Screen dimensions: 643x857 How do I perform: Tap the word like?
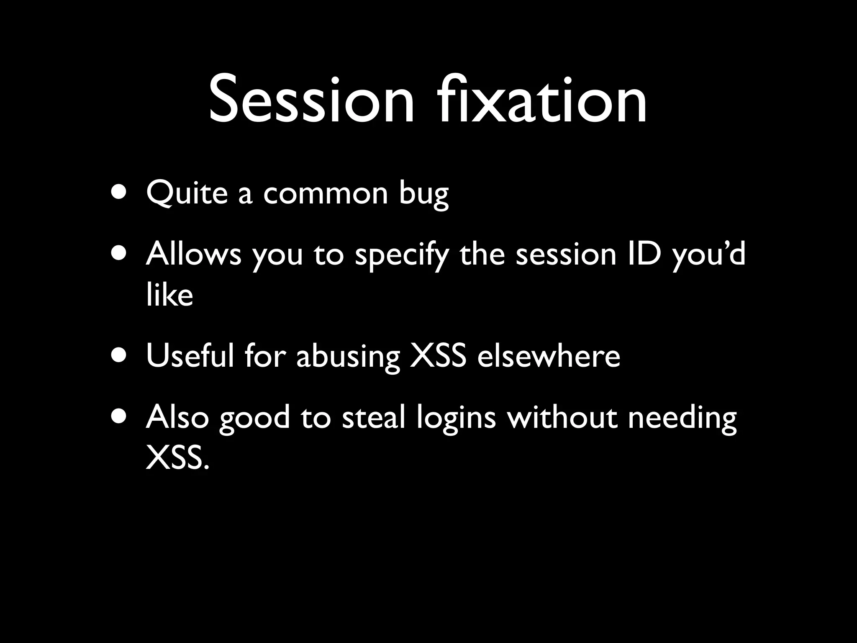pyautogui.click(x=169, y=295)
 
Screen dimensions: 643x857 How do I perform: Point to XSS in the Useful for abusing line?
pyautogui.click(x=438, y=356)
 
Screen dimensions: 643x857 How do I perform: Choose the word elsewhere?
pyautogui.click(x=549, y=356)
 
